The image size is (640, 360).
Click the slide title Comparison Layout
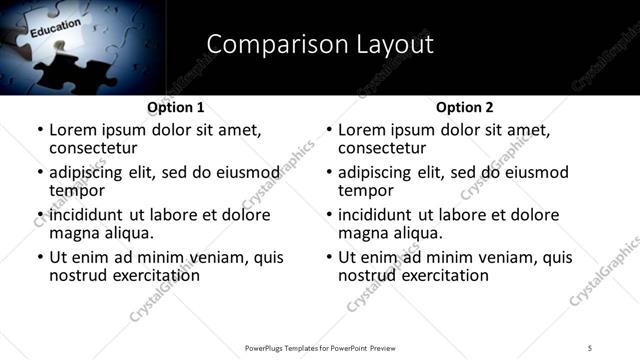320,44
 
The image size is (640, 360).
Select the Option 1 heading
175,107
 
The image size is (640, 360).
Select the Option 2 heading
464,107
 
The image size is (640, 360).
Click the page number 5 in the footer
590,347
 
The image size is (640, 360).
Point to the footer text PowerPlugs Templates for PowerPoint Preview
319,347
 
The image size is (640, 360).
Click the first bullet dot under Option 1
40,130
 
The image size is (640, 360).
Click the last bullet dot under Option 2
329,257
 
